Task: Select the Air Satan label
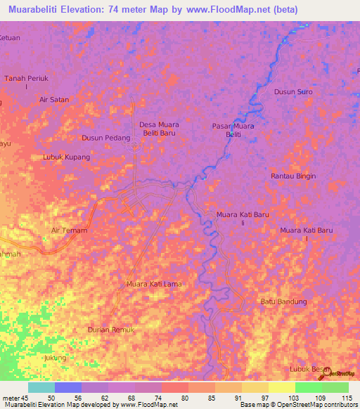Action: (x=54, y=100)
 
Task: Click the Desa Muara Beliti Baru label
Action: (x=159, y=129)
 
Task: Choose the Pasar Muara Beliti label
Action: (x=233, y=130)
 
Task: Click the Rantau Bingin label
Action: (x=293, y=176)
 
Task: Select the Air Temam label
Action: (x=67, y=230)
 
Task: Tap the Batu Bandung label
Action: (x=284, y=301)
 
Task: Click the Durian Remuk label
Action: (x=110, y=330)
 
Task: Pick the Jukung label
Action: (x=55, y=358)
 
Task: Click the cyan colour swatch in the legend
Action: (x=41, y=387)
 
